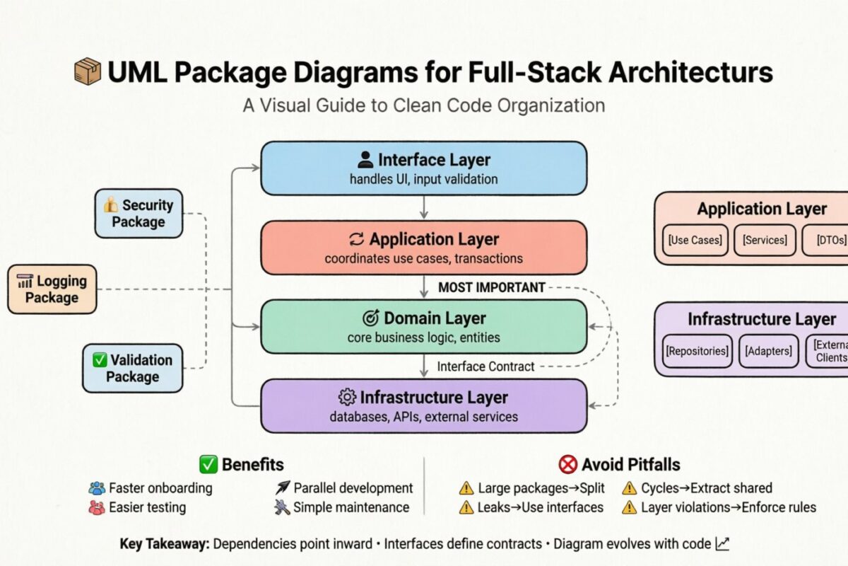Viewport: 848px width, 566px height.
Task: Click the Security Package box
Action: click(139, 213)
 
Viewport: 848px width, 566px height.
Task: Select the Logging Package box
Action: click(52, 289)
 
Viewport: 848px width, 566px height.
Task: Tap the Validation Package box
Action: click(132, 368)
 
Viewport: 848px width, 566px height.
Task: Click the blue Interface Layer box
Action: click(423, 168)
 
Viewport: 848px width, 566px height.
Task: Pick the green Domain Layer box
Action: click(423, 327)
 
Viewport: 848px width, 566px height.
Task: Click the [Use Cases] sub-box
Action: click(695, 240)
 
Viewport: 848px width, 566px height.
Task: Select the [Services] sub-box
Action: click(765, 240)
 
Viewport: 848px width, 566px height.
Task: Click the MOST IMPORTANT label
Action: click(492, 287)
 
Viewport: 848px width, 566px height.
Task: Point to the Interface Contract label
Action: click(485, 366)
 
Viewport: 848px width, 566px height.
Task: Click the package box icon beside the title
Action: click(88, 73)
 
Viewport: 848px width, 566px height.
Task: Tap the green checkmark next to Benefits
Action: click(208, 465)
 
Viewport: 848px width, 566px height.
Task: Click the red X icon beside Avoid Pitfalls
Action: click(567, 465)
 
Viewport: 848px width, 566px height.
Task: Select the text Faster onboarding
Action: click(160, 488)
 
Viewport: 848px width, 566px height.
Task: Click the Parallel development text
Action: click(353, 488)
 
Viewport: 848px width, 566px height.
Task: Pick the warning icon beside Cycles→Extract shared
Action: click(629, 488)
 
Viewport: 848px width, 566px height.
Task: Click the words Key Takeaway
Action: click(164, 544)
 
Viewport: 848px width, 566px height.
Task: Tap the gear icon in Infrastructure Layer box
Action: click(346, 396)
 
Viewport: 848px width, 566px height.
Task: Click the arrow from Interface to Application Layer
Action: click(423, 207)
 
